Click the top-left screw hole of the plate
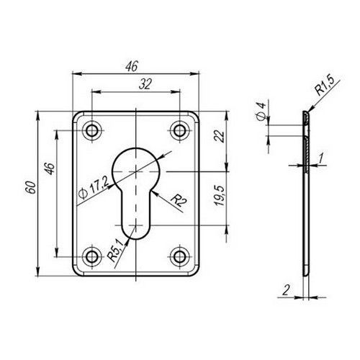coord(91,131)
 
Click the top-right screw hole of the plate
coord(179,131)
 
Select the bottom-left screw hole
coord(91,257)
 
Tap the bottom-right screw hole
coord(179,257)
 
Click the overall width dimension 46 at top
coord(132,66)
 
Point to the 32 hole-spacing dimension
coord(145,84)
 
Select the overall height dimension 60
coord(31,187)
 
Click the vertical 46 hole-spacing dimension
coord(50,168)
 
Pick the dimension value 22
coord(220,136)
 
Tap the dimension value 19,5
coord(220,195)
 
